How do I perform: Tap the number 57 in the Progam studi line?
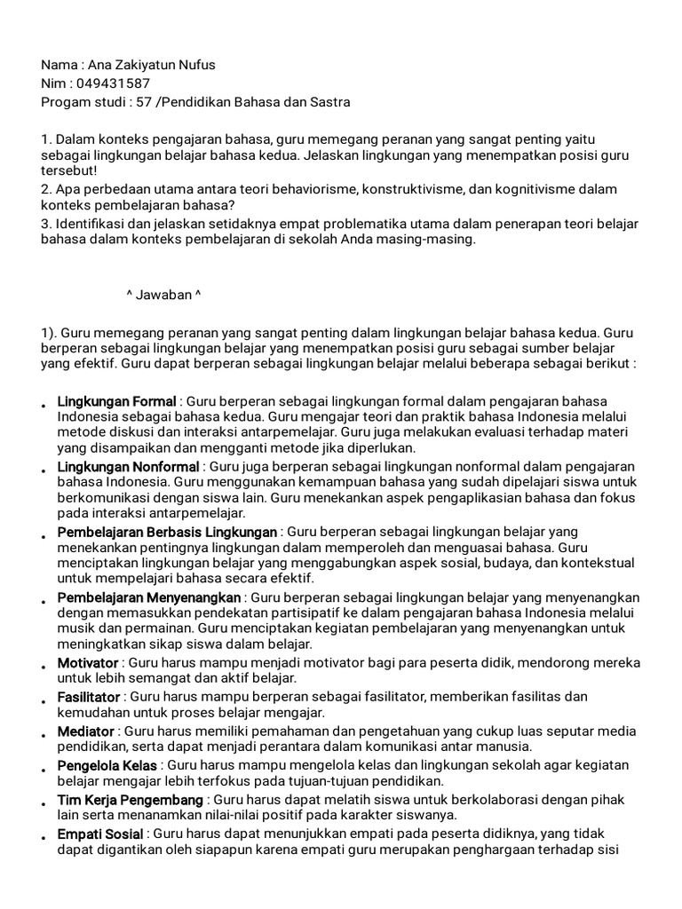click(143, 102)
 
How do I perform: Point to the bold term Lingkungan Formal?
click(116, 402)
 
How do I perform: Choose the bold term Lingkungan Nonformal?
click(128, 466)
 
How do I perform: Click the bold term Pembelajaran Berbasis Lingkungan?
click(167, 532)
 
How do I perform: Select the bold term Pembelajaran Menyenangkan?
click(149, 597)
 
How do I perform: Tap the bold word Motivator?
click(87, 663)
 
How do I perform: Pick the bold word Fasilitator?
click(90, 697)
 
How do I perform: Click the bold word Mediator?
click(85, 731)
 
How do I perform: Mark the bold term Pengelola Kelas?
click(107, 765)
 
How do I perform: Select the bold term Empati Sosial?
click(99, 834)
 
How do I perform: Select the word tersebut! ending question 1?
click(69, 170)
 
